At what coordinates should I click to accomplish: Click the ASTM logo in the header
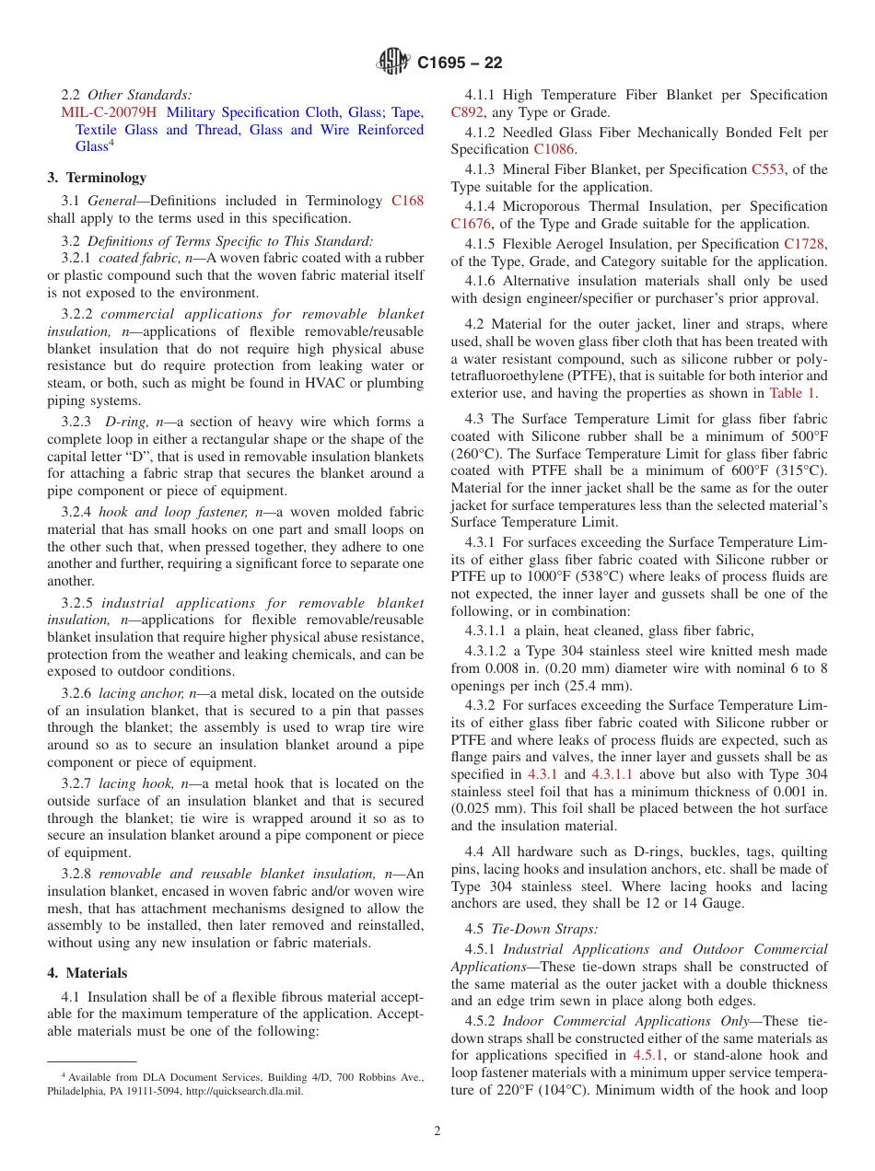click(394, 63)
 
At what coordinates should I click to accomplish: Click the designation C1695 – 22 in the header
click(460, 64)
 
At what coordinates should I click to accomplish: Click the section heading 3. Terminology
click(97, 178)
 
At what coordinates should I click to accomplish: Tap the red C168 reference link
click(407, 201)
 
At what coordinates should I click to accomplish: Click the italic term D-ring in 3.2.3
click(124, 422)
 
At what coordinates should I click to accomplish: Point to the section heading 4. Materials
click(87, 973)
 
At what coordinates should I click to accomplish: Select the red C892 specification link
click(466, 112)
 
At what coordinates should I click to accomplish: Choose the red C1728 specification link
click(804, 244)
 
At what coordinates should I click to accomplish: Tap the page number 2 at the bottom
click(437, 1131)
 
